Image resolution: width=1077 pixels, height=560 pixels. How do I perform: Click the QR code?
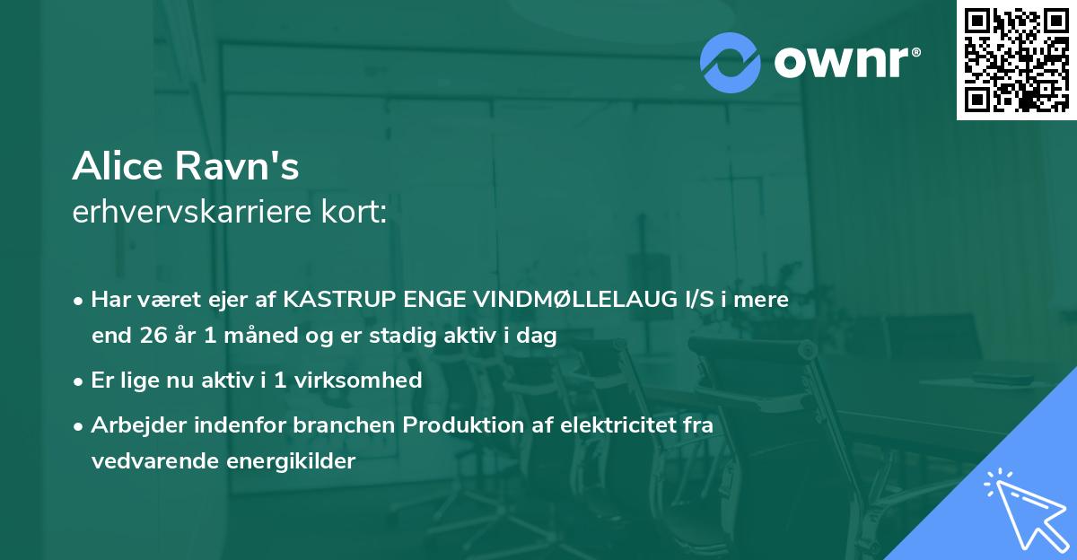pyautogui.click(x=1016, y=60)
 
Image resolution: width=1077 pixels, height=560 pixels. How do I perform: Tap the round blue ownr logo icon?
pyautogui.click(x=731, y=61)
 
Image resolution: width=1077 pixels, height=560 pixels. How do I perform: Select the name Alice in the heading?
pyautogui.click(x=114, y=166)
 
